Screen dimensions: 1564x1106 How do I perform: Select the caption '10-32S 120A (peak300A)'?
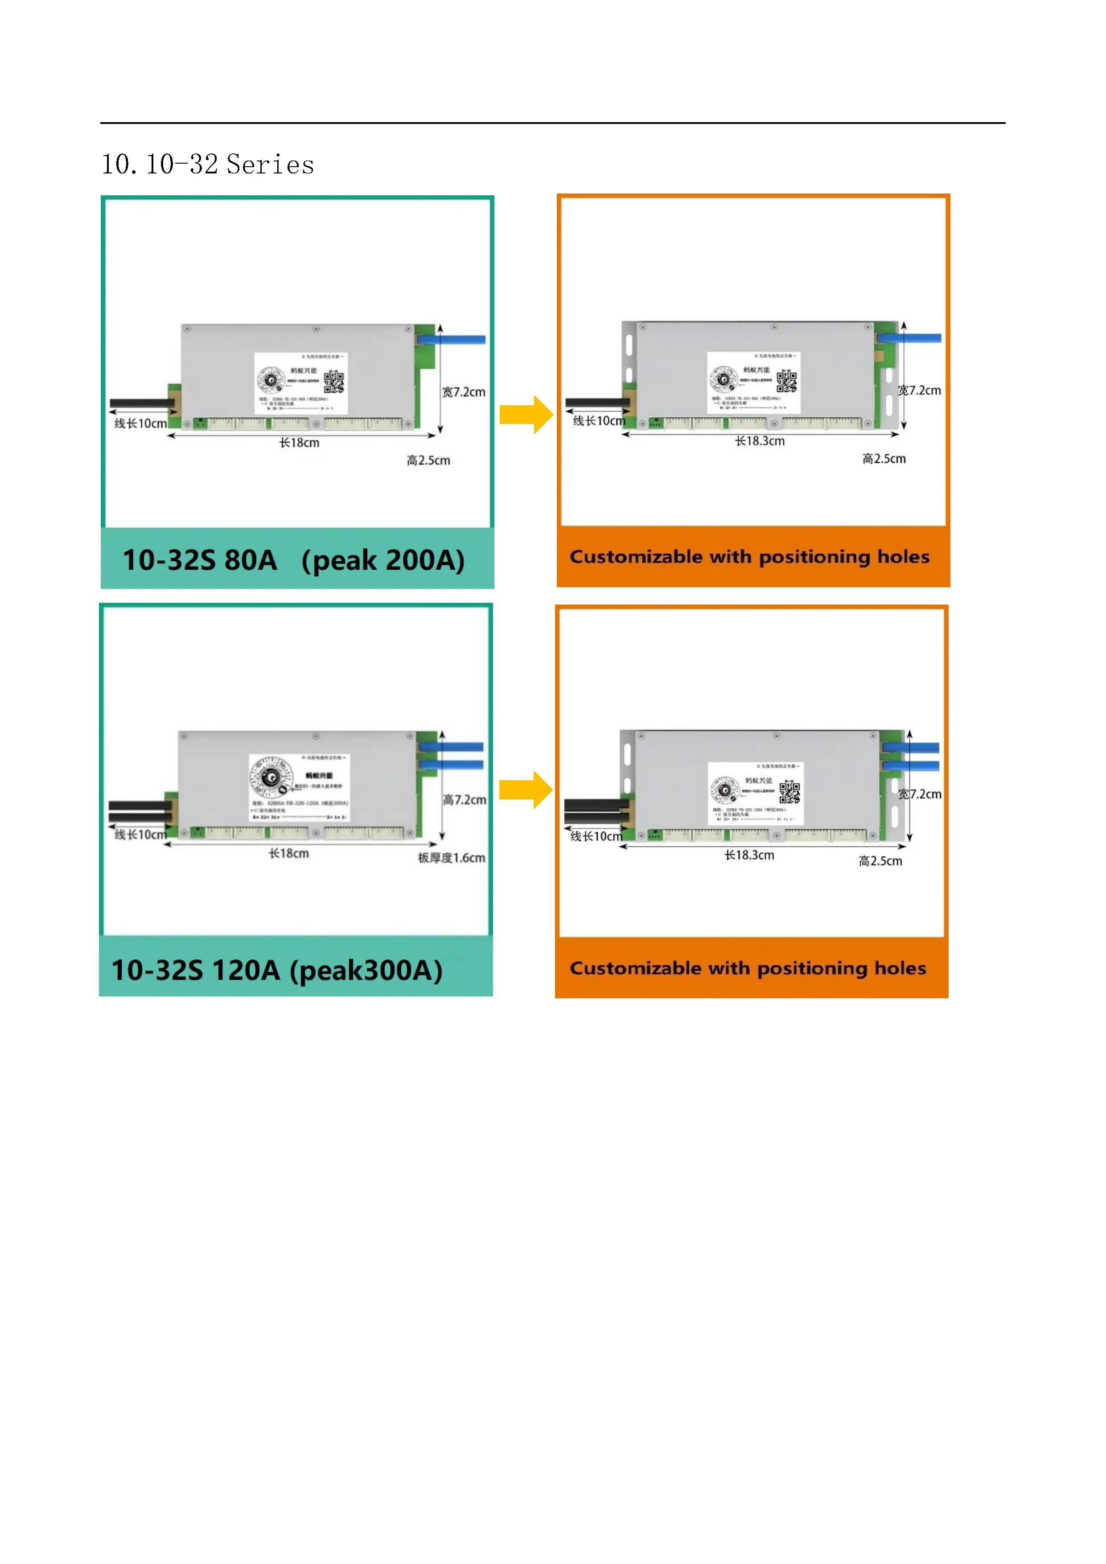coord(277,970)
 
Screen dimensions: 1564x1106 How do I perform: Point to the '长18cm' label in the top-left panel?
coord(299,443)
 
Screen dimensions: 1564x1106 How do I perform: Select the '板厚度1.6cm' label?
coord(452,858)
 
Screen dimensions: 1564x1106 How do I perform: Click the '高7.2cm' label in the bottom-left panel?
coord(465,800)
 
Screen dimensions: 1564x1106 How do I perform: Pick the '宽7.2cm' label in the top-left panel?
coord(464,392)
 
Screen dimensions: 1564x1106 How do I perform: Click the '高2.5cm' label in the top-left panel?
coord(428,461)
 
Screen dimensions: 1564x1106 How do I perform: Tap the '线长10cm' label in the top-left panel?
coord(140,424)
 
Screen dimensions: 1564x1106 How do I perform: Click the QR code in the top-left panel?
coord(334,382)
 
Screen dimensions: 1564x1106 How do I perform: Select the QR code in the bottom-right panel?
coord(789,792)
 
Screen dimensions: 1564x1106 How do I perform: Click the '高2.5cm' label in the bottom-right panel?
coord(880,861)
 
